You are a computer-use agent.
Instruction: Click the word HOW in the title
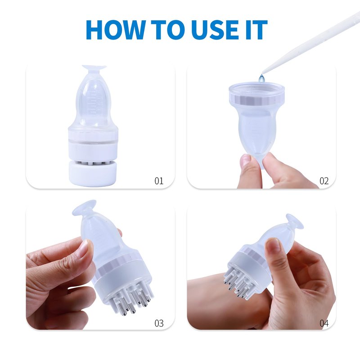pyautogui.click(x=116, y=30)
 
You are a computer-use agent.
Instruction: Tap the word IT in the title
pyautogui.click(x=256, y=30)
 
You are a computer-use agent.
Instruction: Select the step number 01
pyautogui.click(x=159, y=181)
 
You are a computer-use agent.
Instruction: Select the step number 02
pyautogui.click(x=324, y=181)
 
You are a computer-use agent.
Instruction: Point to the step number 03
pyautogui.click(x=159, y=323)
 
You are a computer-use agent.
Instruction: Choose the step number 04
pyautogui.click(x=324, y=323)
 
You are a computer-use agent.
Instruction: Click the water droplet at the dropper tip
pyautogui.click(x=261, y=78)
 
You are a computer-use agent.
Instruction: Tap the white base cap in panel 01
pyautogui.click(x=93, y=173)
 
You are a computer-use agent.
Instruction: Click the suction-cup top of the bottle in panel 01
pyautogui.click(x=94, y=67)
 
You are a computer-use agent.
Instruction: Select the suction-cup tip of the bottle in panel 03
pyautogui.click(x=84, y=208)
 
